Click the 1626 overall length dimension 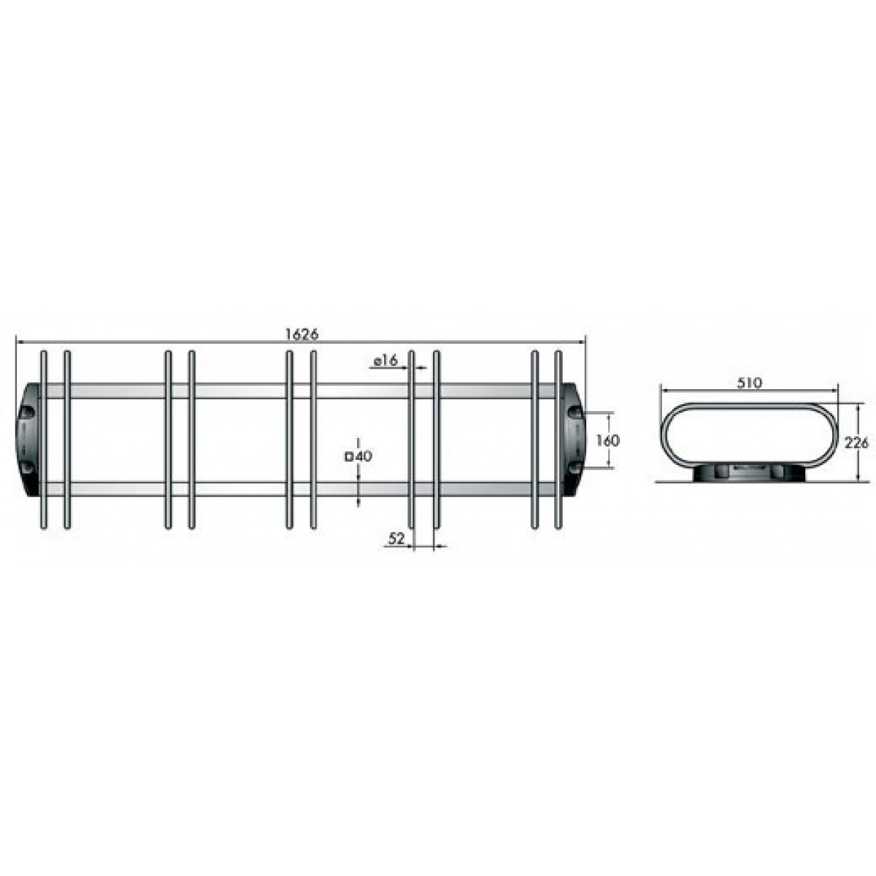click(x=301, y=334)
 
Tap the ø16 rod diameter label click(x=385, y=361)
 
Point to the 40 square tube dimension click(x=364, y=456)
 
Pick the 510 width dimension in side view click(x=748, y=383)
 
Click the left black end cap click(x=28, y=440)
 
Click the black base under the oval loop click(x=748, y=473)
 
